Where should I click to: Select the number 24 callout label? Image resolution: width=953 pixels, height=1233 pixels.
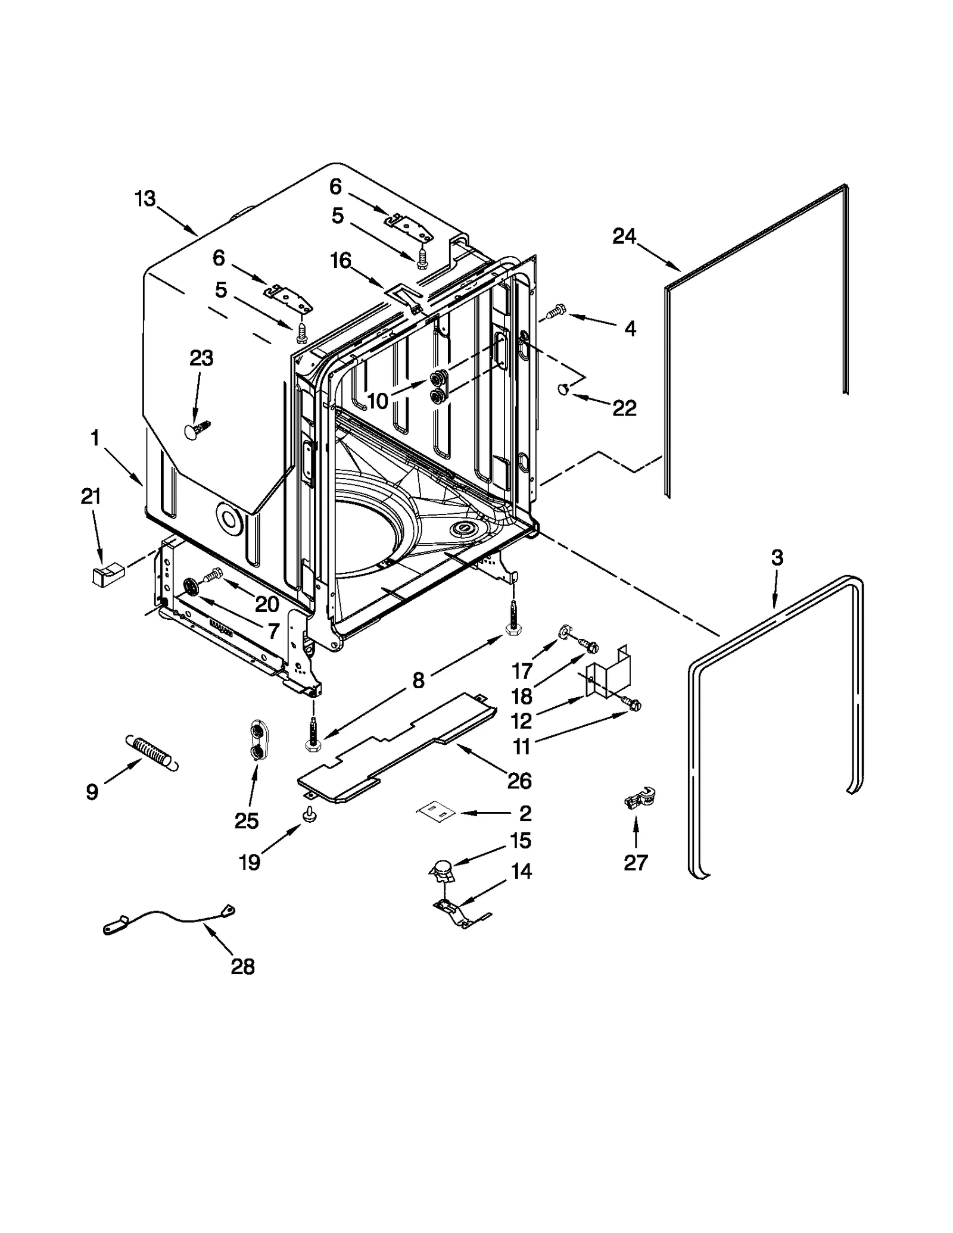(x=624, y=236)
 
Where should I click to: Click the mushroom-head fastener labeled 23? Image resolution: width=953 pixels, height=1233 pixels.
(x=196, y=430)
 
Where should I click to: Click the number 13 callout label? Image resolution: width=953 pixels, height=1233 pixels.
(x=145, y=198)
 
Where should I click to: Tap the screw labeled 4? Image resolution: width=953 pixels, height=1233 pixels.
(x=555, y=311)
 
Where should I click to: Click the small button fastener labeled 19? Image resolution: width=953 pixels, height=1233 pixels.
(x=309, y=814)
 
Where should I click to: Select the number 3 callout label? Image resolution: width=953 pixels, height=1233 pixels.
(x=777, y=558)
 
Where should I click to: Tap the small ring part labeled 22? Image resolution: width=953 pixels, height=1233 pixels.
(x=562, y=389)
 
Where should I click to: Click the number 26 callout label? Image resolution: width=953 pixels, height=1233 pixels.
(x=519, y=780)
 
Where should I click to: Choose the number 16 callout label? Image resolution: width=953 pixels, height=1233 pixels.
(x=341, y=260)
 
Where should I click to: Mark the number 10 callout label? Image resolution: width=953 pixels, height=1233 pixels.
(x=378, y=401)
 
